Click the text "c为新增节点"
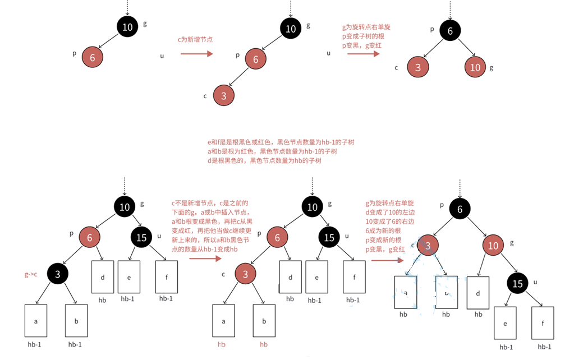(x=195, y=40)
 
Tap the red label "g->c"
(x=30, y=274)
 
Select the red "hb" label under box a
(x=222, y=344)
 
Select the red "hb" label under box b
(x=264, y=344)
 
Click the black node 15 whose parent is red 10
(x=517, y=283)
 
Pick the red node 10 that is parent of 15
(x=493, y=246)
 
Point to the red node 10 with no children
(x=475, y=67)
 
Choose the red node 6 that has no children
(x=93, y=57)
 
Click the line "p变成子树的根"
(x=363, y=36)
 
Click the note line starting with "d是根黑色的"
(x=264, y=161)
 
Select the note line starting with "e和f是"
(x=281, y=142)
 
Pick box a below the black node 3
(x=36, y=321)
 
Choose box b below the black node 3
(x=76, y=321)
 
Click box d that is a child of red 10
(x=477, y=293)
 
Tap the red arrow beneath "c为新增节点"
(x=196, y=54)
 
